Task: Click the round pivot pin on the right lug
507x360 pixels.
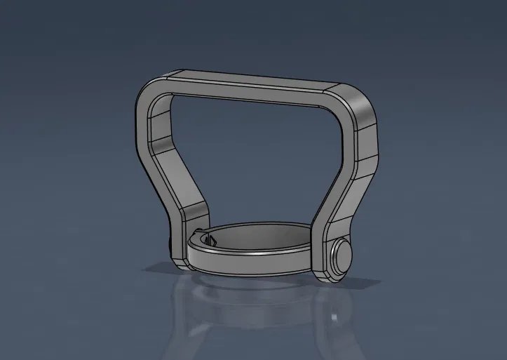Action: point(343,255)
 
